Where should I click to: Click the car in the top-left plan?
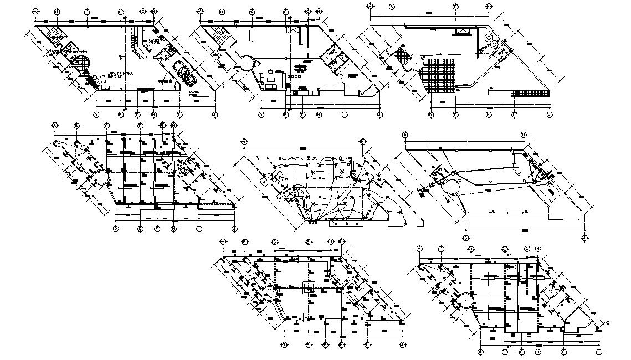point(182,71)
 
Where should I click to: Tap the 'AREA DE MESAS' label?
point(120,74)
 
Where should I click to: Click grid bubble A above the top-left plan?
point(36,11)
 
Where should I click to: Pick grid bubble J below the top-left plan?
point(215,115)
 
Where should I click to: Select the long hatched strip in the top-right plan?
point(529,94)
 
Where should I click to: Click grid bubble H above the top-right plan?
point(487,6)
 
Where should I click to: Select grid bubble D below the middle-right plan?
point(466,238)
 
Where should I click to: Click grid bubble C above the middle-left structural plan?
point(106,125)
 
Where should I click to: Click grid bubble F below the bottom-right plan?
point(521,351)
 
